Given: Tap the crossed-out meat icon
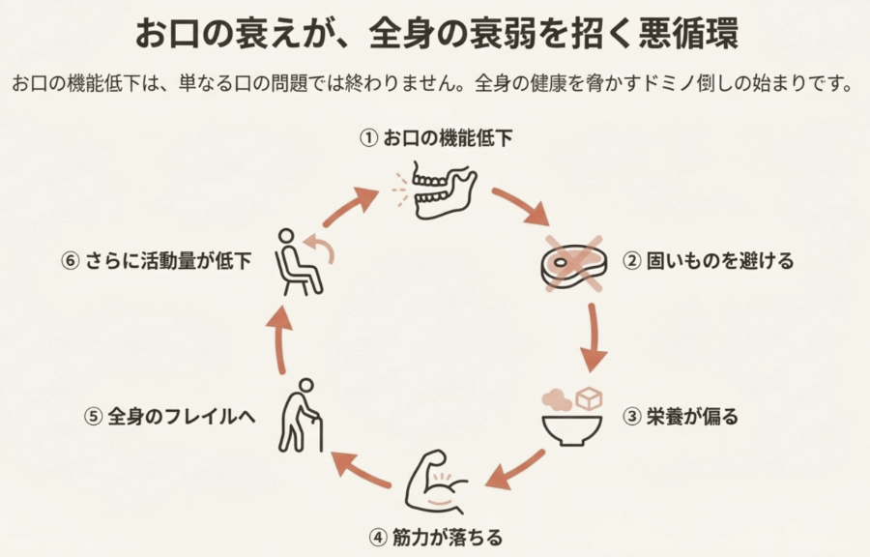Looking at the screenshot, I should click(x=573, y=261).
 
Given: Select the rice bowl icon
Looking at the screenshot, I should click(x=574, y=417).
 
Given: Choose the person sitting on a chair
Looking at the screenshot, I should click(x=299, y=261).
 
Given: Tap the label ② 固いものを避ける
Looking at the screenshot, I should click(x=707, y=261).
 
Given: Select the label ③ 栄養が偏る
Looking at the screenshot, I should click(x=680, y=418).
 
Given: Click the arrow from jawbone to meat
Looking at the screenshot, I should click(x=519, y=206).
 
